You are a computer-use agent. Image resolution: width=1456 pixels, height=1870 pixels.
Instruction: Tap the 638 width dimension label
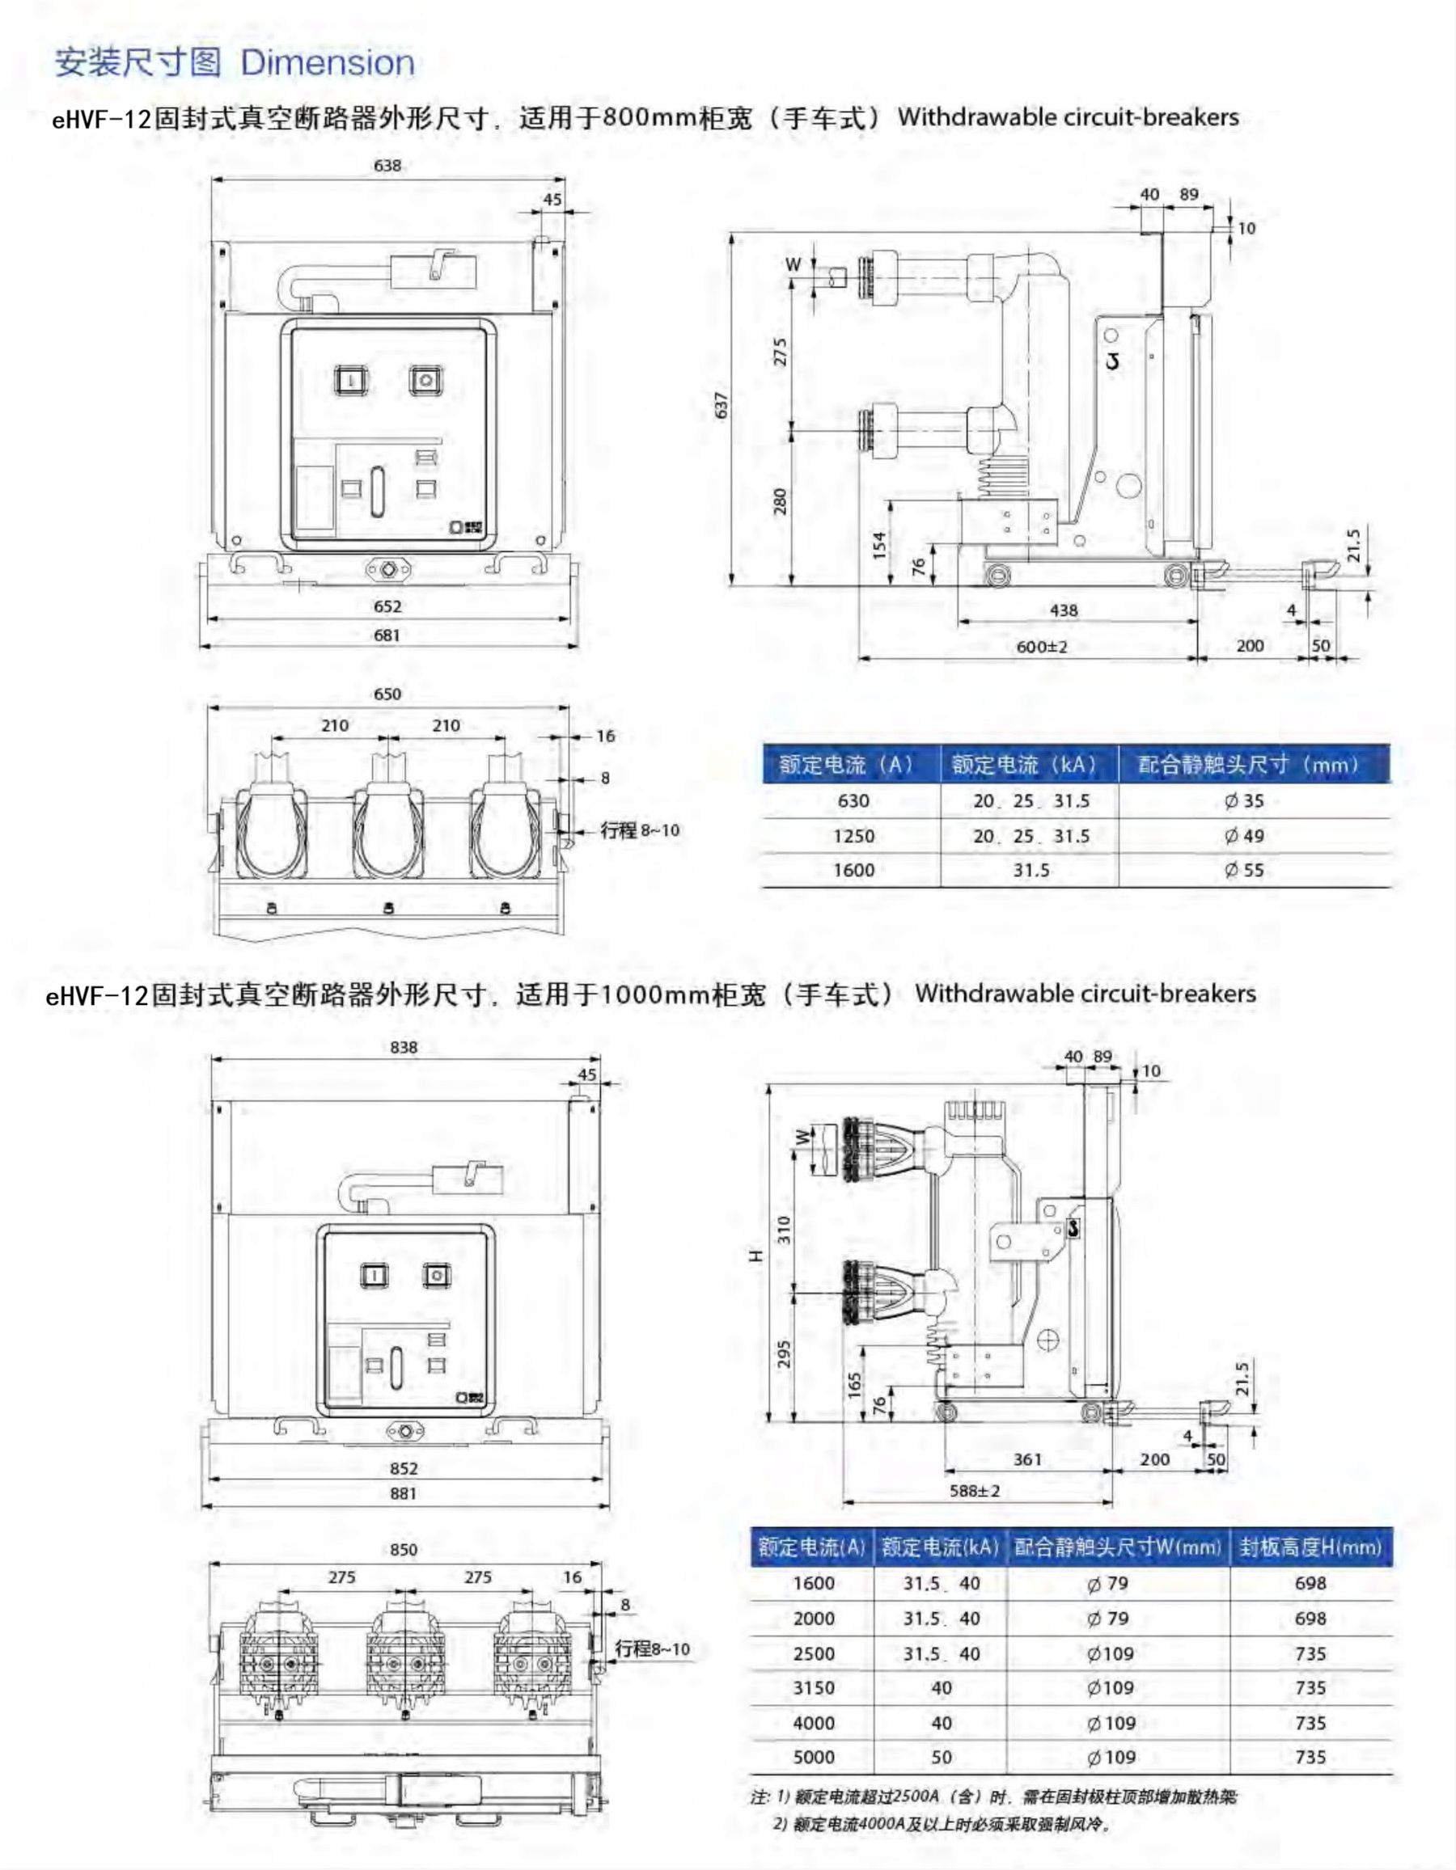pyautogui.click(x=387, y=165)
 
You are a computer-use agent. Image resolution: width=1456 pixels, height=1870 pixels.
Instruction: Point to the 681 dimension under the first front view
pyautogui.click(x=387, y=635)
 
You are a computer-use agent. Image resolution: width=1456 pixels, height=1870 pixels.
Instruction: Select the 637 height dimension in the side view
pyautogui.click(x=722, y=405)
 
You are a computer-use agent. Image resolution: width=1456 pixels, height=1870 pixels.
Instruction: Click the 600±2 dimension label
pyautogui.click(x=1042, y=647)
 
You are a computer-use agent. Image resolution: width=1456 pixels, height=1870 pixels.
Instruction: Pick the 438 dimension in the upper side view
pyautogui.click(x=1064, y=610)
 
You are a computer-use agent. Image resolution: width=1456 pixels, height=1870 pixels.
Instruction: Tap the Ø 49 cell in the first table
pyautogui.click(x=1243, y=836)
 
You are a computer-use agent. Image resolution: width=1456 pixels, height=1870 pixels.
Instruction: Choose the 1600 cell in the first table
pyautogui.click(x=854, y=870)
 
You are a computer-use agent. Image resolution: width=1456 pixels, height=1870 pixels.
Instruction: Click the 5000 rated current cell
pyautogui.click(x=813, y=1757)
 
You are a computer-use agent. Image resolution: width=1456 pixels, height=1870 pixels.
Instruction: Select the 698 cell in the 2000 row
pyautogui.click(x=1310, y=1619)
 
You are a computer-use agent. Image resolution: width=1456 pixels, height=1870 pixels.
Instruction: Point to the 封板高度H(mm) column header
pyautogui.click(x=1310, y=1547)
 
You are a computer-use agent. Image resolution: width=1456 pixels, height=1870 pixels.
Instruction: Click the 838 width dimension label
pyautogui.click(x=404, y=1047)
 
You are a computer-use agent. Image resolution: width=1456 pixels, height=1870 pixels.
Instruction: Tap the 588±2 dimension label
pyautogui.click(x=975, y=1491)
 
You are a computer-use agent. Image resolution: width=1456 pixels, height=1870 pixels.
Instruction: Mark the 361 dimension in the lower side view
pyautogui.click(x=1028, y=1459)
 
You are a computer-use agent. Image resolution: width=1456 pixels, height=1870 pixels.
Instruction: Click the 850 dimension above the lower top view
pyautogui.click(x=404, y=1550)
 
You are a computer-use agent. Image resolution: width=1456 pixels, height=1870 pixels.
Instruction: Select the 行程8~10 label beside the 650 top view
pyautogui.click(x=640, y=830)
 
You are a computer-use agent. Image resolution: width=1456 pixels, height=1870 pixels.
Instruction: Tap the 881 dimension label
pyautogui.click(x=404, y=1493)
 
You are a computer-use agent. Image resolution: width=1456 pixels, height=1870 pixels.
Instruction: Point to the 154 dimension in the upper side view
pyautogui.click(x=878, y=545)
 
